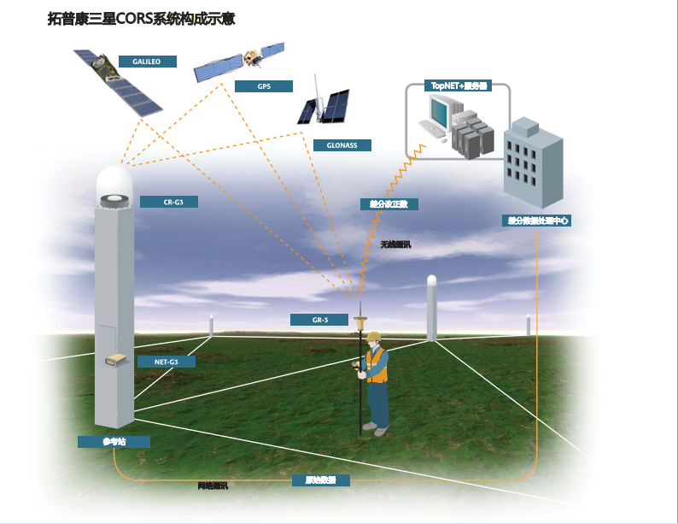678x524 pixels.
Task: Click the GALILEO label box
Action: click(x=146, y=62)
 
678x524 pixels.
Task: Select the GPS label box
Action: click(x=263, y=86)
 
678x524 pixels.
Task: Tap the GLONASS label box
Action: click(x=342, y=145)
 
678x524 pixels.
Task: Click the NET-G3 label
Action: click(x=166, y=362)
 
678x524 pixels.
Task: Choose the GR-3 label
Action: click(x=319, y=320)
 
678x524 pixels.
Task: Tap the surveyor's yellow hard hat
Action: click(x=373, y=337)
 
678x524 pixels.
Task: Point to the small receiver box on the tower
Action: click(x=117, y=362)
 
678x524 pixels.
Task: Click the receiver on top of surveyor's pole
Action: click(x=361, y=321)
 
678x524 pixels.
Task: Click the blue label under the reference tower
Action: click(x=114, y=442)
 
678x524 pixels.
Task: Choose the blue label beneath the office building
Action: click(x=535, y=221)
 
